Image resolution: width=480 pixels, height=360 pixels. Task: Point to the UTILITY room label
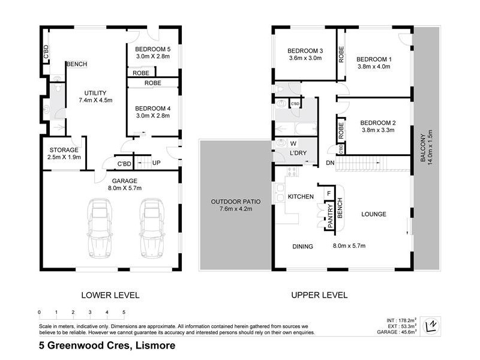pyautogui.click(x=92, y=93)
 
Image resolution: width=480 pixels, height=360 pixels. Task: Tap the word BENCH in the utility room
pyautogui.click(x=77, y=64)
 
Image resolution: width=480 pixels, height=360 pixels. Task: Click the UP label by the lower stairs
pyautogui.click(x=156, y=163)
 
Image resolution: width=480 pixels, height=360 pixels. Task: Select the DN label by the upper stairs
pyautogui.click(x=329, y=163)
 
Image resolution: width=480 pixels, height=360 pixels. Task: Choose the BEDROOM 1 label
pyautogui.click(x=374, y=59)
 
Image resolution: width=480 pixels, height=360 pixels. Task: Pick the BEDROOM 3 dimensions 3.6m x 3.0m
pyautogui.click(x=305, y=59)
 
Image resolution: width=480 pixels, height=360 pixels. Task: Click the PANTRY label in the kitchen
pyautogui.click(x=329, y=215)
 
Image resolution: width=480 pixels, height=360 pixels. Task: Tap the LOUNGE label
pyautogui.click(x=373, y=214)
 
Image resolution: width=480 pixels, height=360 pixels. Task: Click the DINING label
pyautogui.click(x=303, y=245)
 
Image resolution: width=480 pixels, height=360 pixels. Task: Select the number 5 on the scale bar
pyautogui.click(x=124, y=312)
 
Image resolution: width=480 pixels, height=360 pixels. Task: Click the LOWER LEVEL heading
pyautogui.click(x=110, y=295)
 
